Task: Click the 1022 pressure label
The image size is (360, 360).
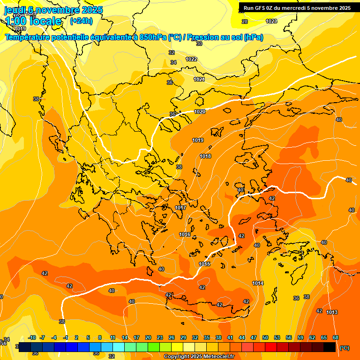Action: coord(191,59)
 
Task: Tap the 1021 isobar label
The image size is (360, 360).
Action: coord(199,79)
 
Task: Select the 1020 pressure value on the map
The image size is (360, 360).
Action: coord(200,112)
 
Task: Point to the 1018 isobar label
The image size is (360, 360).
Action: coord(205,156)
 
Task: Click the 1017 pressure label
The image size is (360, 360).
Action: coord(180,208)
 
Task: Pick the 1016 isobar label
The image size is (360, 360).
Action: coord(185,234)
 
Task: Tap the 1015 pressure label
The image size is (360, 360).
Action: coord(204,264)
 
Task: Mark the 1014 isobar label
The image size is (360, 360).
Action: coord(258,283)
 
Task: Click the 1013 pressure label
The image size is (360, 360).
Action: coord(332,312)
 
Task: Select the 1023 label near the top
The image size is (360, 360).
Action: coord(271,22)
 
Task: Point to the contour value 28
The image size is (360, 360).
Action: coord(245,22)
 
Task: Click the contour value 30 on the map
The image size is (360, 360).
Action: coord(199,44)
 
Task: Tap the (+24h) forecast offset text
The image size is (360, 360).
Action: coord(81,21)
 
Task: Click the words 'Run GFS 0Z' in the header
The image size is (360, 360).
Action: coord(261,7)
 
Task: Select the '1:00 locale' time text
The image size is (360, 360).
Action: coord(33,21)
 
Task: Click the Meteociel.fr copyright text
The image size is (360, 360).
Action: coord(199,357)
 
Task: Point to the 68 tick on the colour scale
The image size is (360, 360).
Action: coord(336,337)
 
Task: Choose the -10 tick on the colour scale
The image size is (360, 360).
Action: coord(32,337)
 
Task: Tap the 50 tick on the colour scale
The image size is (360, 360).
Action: coord(265,337)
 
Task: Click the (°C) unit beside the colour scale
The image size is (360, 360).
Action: coord(345,348)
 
